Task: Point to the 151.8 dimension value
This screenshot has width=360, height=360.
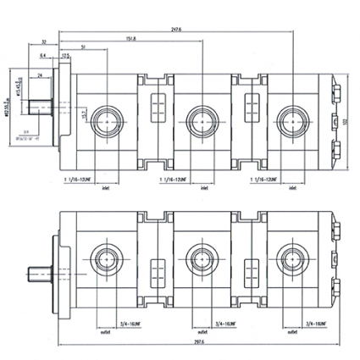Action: pos(130,38)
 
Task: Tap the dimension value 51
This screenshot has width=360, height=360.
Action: pos(82,47)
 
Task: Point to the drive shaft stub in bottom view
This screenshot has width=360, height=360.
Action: pos(41,275)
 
